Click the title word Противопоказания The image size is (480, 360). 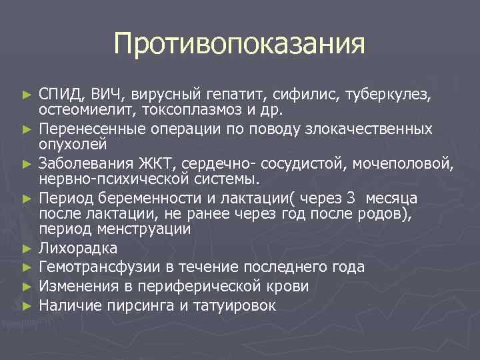(239, 45)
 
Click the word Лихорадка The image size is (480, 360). (79, 249)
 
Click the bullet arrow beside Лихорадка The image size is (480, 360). (27, 249)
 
